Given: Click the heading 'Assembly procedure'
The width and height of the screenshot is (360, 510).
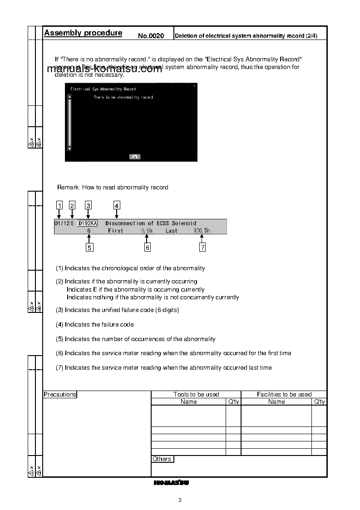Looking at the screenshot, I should coord(83,33).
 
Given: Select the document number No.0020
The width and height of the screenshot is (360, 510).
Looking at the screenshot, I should coord(151,35).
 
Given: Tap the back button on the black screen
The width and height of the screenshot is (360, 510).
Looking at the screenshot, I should coord(135,157).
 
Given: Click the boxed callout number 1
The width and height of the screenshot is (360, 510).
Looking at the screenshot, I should coord(59,205).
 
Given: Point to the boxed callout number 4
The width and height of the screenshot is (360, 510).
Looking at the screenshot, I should coord(117,205).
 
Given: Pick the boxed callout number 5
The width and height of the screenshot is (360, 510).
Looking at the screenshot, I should coord(89,248).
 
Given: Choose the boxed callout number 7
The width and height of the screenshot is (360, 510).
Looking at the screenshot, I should coord(202,248).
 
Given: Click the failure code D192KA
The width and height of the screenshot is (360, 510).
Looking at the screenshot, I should coord(88,223).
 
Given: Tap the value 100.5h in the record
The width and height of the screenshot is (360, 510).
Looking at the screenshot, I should coord(202,231).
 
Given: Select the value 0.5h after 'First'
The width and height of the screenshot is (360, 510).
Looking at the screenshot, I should coord(147,231).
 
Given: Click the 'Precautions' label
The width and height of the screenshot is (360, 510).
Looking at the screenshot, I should coord(60,394).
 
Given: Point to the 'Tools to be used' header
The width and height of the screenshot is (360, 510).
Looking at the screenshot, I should coord(196,394).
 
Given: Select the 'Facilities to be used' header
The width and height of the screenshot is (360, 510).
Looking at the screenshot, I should coord(284,394).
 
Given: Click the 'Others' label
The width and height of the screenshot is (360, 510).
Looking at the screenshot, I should coord(162,459).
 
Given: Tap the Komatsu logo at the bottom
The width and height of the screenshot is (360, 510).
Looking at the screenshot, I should coord(171,483).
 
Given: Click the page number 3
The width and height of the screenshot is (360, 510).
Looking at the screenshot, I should coord(180,500).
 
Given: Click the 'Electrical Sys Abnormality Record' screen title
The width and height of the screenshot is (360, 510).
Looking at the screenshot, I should coord(103,89).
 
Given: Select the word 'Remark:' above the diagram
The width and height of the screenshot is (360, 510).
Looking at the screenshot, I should coord(69,187).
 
